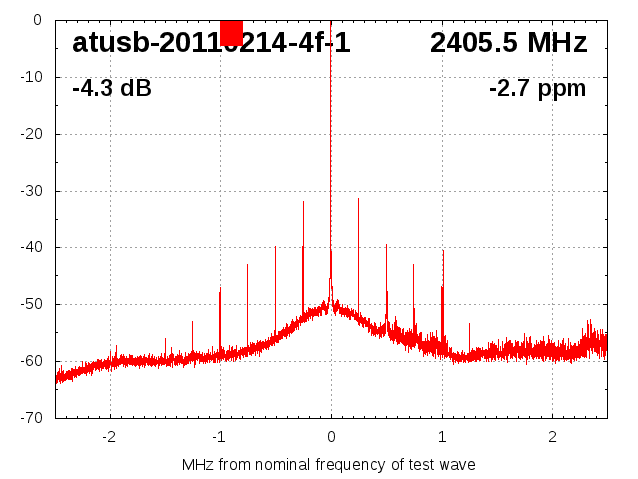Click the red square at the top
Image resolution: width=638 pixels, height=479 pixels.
(x=231, y=33)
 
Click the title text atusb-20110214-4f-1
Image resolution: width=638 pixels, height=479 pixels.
(x=210, y=43)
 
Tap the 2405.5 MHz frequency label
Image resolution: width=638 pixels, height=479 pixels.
(x=508, y=43)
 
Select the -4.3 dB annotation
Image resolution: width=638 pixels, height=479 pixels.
(x=112, y=88)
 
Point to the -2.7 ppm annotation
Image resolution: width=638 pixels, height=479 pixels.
(x=537, y=88)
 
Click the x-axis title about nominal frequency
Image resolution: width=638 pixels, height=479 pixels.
(x=329, y=465)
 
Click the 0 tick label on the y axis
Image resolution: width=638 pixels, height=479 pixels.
(x=37, y=20)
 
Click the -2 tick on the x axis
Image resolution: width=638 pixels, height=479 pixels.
(x=109, y=437)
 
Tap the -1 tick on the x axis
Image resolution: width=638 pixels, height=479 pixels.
(x=219, y=437)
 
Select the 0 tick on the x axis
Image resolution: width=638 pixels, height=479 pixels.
(x=331, y=437)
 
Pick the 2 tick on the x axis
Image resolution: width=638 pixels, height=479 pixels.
(x=552, y=437)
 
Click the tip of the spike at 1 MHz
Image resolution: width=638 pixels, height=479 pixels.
(x=443, y=250)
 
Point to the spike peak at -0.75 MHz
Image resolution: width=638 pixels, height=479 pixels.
(x=247, y=264)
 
